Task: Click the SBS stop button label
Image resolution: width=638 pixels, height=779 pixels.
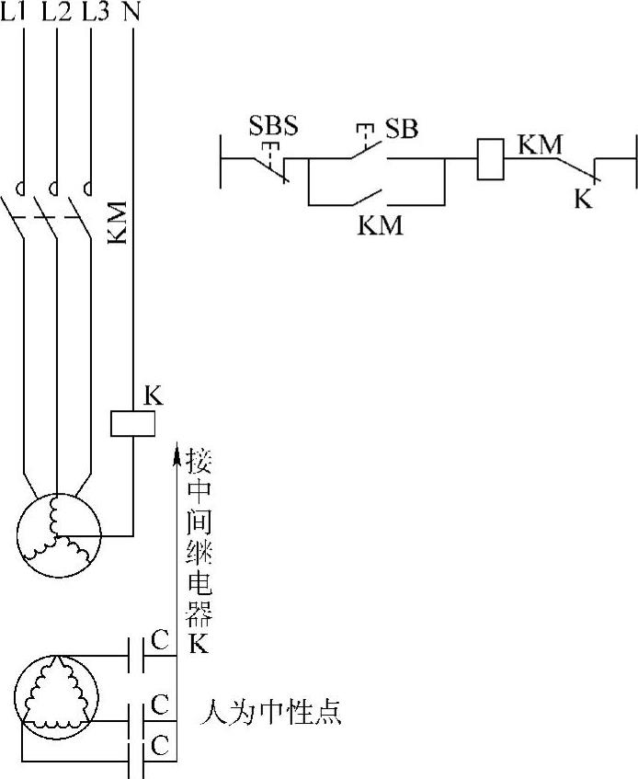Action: [273, 126]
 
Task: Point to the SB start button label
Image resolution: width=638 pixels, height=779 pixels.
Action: [401, 129]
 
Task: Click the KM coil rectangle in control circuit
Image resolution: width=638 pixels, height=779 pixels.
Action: [489, 158]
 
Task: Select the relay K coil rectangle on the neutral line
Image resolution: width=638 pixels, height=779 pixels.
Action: [132, 422]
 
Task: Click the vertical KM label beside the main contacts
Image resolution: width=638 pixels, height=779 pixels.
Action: [117, 223]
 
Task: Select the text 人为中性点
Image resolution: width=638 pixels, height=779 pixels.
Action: [270, 712]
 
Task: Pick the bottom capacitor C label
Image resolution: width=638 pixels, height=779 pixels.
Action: [159, 744]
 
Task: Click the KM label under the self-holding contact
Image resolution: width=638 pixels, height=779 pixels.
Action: [380, 224]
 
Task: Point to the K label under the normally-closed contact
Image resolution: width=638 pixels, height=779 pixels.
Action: [583, 199]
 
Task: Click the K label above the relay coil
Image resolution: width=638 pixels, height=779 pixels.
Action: [154, 396]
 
